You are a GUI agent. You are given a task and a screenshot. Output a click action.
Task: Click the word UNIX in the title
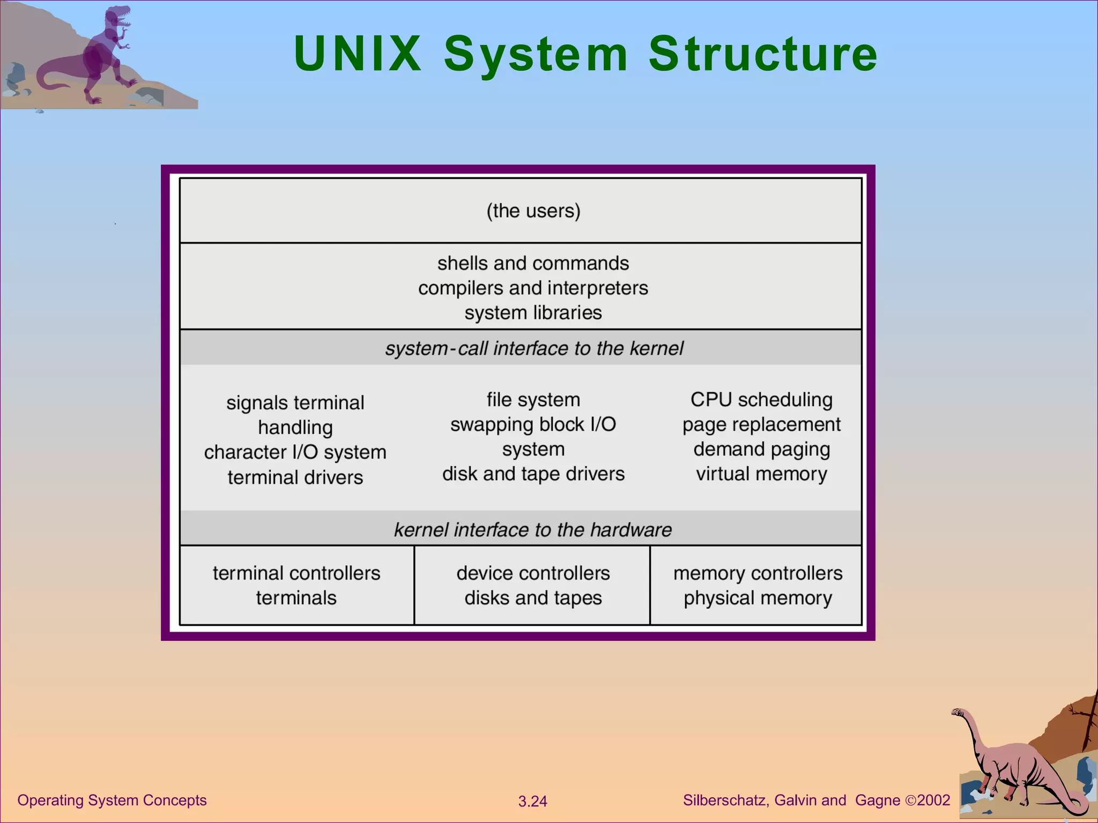coord(358,54)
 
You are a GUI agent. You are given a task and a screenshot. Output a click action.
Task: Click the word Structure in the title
coord(763,54)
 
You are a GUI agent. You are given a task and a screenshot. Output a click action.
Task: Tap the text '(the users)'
coord(533,211)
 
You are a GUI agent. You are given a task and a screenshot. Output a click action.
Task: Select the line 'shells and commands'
coord(533,263)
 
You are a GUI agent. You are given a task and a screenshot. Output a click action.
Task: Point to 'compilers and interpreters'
coord(533,288)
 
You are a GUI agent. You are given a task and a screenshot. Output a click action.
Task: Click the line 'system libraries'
coord(533,313)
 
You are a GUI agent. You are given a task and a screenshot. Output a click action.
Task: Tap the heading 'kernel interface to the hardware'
coord(533,530)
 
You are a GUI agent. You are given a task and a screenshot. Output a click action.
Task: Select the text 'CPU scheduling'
coord(761,400)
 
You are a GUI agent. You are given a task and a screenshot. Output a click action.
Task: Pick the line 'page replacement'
coord(761,424)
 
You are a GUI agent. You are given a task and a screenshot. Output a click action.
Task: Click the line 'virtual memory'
coord(761,474)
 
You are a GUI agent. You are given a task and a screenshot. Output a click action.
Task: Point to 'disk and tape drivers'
coord(533,474)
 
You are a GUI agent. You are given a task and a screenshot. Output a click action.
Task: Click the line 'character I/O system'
coord(295,452)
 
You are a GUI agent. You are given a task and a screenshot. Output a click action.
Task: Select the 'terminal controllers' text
coord(296,573)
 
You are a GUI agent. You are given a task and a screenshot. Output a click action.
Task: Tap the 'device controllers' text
coord(533,573)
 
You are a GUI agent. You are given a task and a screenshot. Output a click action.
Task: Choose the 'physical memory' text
coord(758,598)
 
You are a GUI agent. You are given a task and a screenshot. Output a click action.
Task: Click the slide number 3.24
coord(532,802)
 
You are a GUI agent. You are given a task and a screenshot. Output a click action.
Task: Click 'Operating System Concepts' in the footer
coord(112,800)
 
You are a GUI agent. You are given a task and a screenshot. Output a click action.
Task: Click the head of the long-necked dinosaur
coord(958,713)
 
